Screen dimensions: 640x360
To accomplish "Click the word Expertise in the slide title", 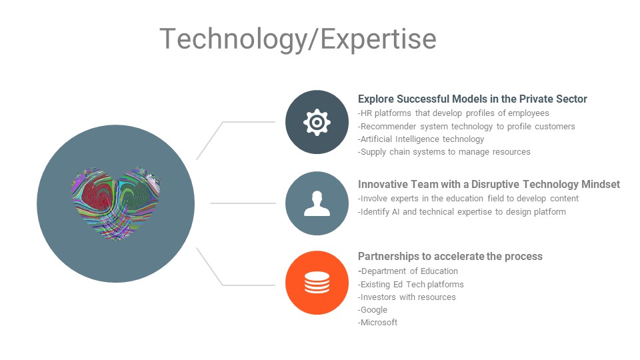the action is point(379,39).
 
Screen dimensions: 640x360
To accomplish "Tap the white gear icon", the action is point(317,122).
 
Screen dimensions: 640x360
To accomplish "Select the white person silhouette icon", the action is point(317,203).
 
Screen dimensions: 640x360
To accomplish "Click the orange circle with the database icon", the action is point(317,283).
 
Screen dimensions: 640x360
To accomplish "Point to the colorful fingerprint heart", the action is point(116,203).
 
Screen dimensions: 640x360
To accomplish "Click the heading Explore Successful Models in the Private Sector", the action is point(472,99).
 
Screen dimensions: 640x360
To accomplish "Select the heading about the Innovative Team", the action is point(489,185).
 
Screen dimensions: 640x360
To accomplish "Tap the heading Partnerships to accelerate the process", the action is point(450,256).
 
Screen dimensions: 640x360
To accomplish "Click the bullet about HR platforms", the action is point(453,113).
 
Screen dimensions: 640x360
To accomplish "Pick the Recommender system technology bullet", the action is point(466,127).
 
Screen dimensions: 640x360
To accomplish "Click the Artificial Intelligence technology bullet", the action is point(421,139).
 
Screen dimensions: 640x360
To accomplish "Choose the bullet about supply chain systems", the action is point(444,152).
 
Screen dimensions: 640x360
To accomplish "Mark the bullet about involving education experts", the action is point(468,199).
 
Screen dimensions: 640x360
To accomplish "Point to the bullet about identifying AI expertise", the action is point(461,212).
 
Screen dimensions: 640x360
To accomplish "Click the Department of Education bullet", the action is point(408,271).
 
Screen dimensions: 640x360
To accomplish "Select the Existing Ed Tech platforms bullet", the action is point(411,285).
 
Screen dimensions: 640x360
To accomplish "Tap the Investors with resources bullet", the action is point(407,297).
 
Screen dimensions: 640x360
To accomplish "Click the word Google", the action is point(373,310).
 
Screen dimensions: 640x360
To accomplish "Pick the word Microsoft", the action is point(379,323).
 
